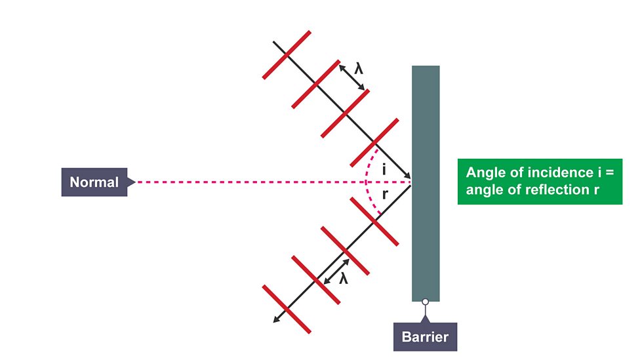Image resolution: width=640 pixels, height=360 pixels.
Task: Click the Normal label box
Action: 94,182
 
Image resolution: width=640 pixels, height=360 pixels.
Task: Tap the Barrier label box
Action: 425,336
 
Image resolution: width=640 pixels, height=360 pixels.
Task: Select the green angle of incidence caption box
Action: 539,182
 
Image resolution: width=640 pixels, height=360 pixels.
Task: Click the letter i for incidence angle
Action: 384,170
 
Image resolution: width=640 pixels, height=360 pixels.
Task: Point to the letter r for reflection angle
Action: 385,194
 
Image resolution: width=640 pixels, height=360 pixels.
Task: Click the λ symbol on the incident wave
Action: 358,68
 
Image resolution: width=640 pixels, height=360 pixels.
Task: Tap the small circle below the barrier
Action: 425,302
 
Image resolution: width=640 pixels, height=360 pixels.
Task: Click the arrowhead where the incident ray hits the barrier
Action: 408,177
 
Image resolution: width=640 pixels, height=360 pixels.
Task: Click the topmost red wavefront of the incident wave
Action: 287,54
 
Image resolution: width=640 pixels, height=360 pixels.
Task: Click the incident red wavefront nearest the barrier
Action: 374,142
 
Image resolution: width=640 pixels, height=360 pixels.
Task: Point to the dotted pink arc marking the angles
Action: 369,182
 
